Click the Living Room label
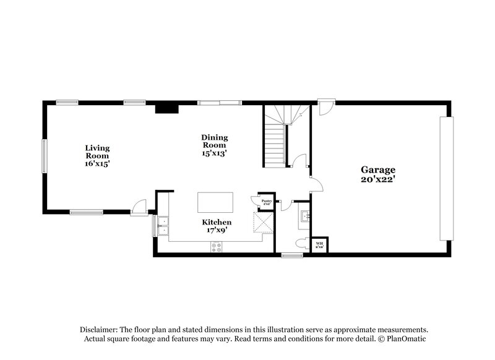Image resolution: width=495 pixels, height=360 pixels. click(x=98, y=155)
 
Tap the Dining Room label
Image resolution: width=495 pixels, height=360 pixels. click(x=215, y=145)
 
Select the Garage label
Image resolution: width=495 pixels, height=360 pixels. click(x=378, y=174)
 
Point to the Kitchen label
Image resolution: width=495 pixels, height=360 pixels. click(x=217, y=226)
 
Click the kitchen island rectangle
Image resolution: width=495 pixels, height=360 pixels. click(x=216, y=202)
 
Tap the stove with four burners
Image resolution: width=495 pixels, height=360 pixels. click(x=217, y=246)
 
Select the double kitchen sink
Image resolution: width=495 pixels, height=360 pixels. click(x=162, y=226)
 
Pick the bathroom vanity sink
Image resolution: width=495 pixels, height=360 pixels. click(x=304, y=216)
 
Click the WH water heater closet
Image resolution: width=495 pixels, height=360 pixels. click(x=320, y=244)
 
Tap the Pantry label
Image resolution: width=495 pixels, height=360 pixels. click(x=266, y=201)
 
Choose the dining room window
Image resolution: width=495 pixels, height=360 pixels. click(x=218, y=102)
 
